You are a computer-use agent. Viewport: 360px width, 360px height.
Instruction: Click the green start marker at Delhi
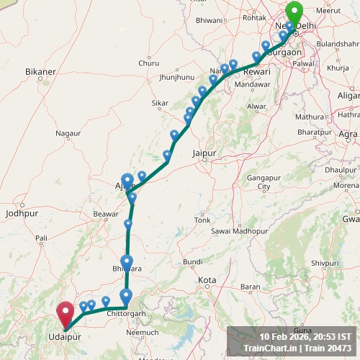point(294,14)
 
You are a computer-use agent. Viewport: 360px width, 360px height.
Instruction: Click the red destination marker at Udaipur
point(66,313)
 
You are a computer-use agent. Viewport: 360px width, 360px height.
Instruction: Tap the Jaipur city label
point(205,153)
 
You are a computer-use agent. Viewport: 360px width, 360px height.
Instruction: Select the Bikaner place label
point(40,72)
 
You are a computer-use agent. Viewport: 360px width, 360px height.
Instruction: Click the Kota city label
point(207,279)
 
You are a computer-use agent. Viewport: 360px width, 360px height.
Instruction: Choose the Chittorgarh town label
point(127,315)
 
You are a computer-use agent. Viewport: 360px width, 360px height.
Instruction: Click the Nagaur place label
point(68,133)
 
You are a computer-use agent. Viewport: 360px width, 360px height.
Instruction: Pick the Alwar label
point(256,107)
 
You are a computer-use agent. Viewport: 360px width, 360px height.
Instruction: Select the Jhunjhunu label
point(177,76)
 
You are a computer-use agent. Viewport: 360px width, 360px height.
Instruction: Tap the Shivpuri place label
point(324,264)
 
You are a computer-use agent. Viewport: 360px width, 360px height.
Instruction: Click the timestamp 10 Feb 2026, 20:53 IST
point(305,336)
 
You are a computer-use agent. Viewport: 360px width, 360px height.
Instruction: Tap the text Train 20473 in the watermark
point(328,348)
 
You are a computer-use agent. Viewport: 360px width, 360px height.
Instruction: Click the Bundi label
point(192,261)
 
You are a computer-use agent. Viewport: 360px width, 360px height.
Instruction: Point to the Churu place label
point(149,63)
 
